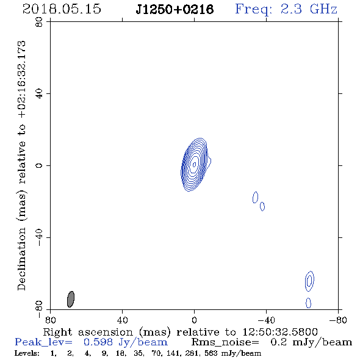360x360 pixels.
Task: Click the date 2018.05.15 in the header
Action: click(62, 9)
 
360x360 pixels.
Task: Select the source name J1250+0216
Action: click(175, 10)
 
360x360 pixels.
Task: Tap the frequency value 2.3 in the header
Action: click(291, 9)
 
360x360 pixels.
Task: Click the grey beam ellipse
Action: click(71, 299)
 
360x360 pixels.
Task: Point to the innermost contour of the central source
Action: click(195, 164)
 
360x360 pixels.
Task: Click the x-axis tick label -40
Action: click(266, 320)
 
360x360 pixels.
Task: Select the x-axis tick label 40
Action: click(122, 320)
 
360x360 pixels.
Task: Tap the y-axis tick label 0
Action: click(39, 165)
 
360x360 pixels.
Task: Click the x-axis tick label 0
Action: click(194, 320)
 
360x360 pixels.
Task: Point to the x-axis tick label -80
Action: click(338, 320)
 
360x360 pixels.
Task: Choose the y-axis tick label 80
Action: click(39, 22)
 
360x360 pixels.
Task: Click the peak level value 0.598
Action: click(98, 342)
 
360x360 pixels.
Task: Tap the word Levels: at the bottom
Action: click(27, 353)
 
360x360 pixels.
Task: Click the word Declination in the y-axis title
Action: click(21, 259)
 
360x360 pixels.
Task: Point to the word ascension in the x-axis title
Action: click(106, 332)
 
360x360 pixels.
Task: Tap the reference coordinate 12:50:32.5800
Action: click(280, 332)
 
